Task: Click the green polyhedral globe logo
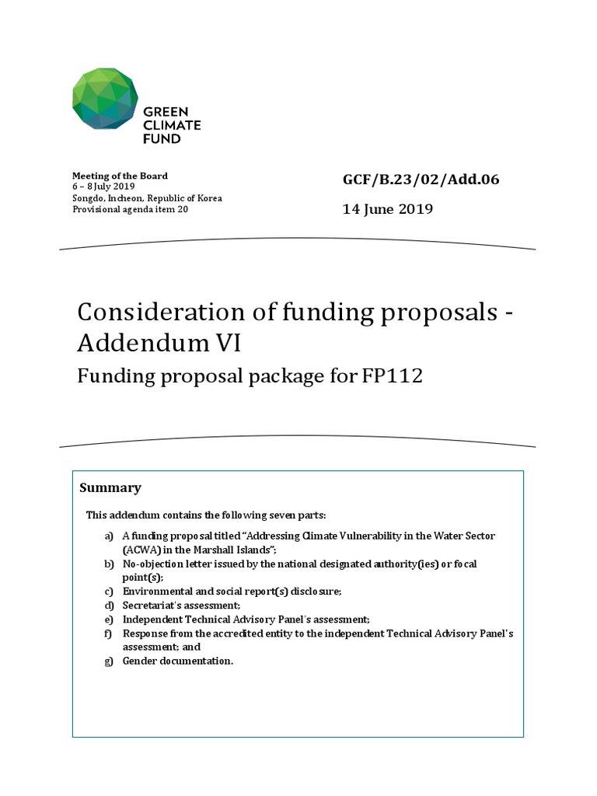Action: pyautogui.click(x=105, y=99)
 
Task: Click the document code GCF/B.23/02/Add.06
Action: pyautogui.click(x=421, y=180)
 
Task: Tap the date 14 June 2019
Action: pyautogui.click(x=388, y=209)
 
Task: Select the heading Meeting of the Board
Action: pyautogui.click(x=120, y=176)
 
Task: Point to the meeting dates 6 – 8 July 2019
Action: pyautogui.click(x=103, y=187)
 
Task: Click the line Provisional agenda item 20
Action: pyautogui.click(x=130, y=209)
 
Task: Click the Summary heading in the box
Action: pyautogui.click(x=110, y=488)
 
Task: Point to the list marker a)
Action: pyautogui.click(x=109, y=536)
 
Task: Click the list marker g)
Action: pyautogui.click(x=109, y=661)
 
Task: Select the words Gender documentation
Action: pyautogui.click(x=178, y=661)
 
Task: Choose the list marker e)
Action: pyautogui.click(x=109, y=620)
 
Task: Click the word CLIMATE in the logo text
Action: pyautogui.click(x=172, y=125)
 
